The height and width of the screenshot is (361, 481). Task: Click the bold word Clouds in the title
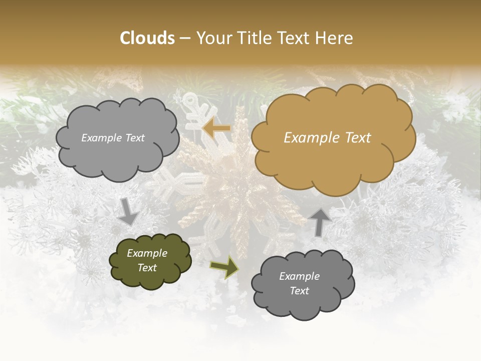[x=147, y=38]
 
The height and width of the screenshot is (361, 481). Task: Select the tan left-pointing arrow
[x=216, y=129]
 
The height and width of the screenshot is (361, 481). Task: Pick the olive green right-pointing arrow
[x=224, y=267]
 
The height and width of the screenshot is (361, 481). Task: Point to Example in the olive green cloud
[x=147, y=253]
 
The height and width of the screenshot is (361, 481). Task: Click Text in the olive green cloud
[x=147, y=268]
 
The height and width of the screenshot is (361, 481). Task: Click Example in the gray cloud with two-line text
[x=299, y=276]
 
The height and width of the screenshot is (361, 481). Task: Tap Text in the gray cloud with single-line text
[x=134, y=138]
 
